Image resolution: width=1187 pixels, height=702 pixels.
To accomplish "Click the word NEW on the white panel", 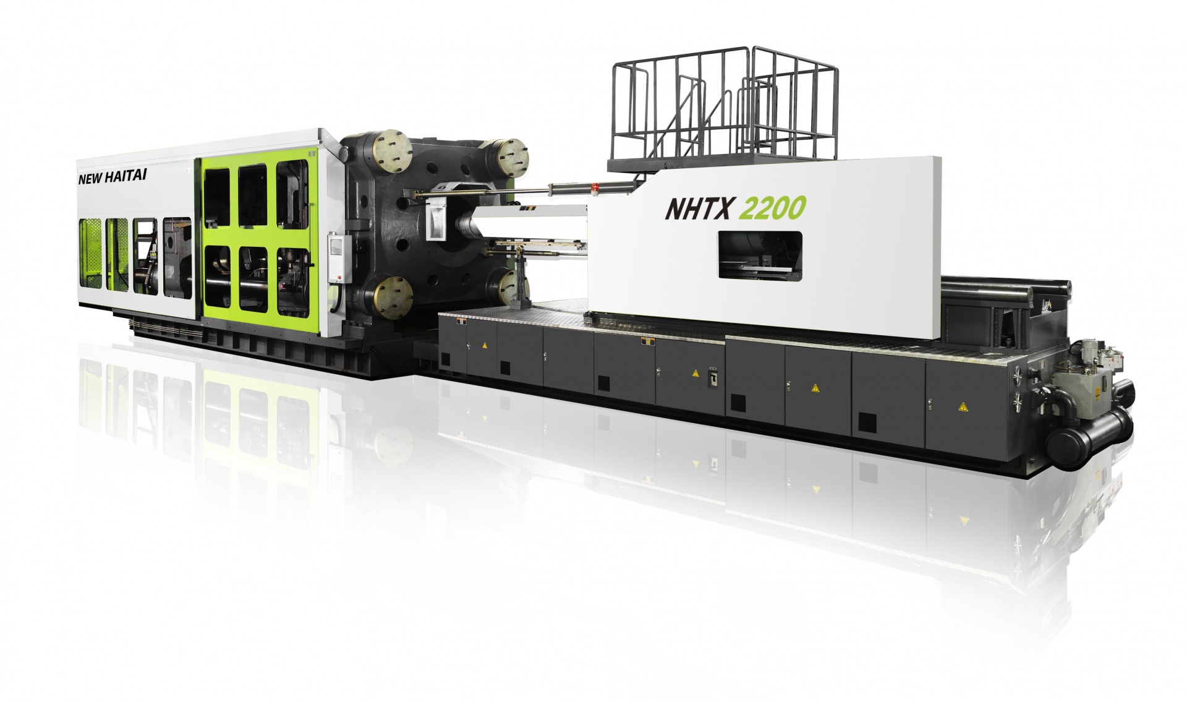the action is tap(89, 179).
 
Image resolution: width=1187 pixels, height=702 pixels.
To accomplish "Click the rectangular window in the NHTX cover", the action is tap(760, 256).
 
